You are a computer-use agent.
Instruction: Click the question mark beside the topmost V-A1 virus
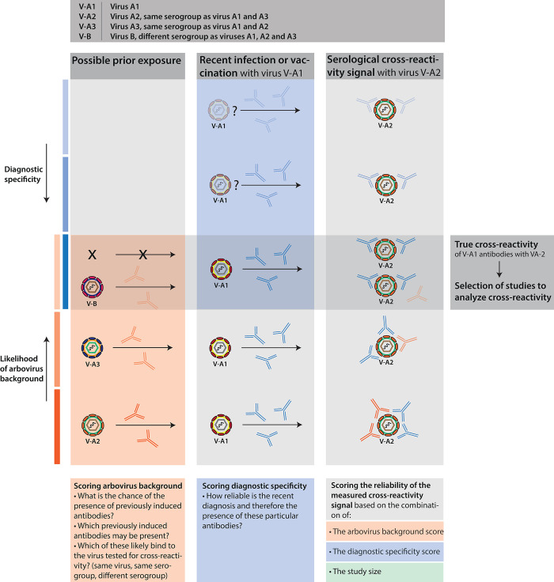pyautogui.click(x=234, y=113)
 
